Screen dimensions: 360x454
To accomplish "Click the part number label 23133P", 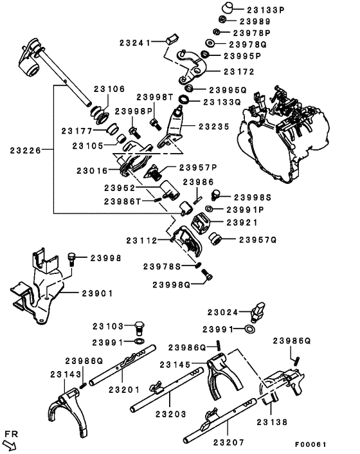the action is [265, 10].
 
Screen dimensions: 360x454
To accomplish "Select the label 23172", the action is [239, 71].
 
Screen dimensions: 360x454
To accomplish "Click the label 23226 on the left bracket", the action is [26, 150].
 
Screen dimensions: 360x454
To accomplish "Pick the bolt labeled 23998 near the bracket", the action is [71, 259].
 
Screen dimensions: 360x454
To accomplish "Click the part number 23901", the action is [97, 293].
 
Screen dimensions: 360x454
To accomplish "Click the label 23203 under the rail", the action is [171, 414].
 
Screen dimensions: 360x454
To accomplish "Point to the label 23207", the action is [229, 442].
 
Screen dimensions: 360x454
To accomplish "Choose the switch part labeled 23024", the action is [258, 311].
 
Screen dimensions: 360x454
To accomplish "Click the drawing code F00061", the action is [310, 444].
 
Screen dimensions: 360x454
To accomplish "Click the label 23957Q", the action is [258, 240].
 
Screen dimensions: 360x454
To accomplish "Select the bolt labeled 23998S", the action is [215, 195].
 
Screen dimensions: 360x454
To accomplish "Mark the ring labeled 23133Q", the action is [184, 99].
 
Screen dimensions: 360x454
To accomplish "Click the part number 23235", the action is [214, 127].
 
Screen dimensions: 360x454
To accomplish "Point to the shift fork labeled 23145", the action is [224, 376].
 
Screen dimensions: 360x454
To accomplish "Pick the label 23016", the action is [92, 171].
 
